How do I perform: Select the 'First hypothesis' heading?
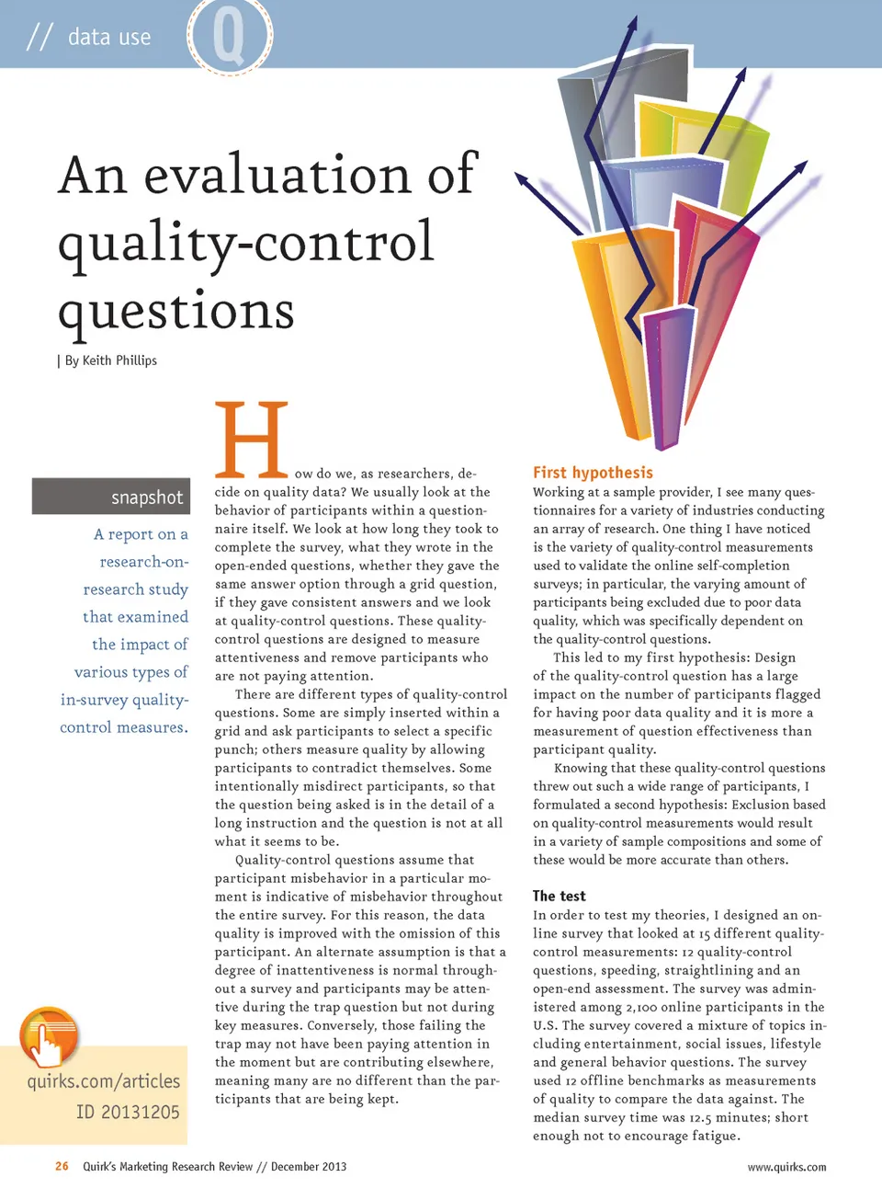pos(593,473)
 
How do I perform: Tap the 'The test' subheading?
pos(559,896)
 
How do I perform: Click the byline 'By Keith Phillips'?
pos(110,360)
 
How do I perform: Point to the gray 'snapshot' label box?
pos(111,497)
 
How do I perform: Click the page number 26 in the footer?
pos(62,1166)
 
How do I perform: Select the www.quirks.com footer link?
pos(786,1167)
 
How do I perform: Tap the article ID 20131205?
pos(128,1113)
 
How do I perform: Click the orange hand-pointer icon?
pos(49,1037)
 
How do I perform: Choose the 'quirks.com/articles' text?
pos(104,1081)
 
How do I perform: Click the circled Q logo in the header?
pos(230,36)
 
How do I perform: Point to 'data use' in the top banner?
pos(109,37)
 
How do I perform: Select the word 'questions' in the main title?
pos(176,310)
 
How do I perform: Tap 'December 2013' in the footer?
pos(309,1167)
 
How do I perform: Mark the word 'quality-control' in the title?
pos(245,243)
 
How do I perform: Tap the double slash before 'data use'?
pos(39,37)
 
